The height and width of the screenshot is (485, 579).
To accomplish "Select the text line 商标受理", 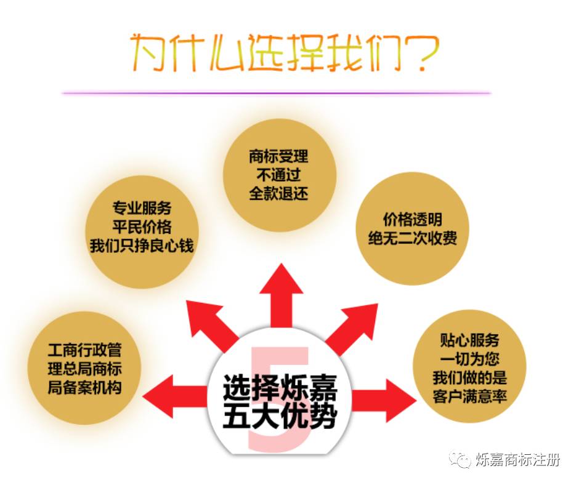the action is (x=278, y=156).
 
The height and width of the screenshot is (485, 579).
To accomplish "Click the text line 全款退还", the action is (x=278, y=193).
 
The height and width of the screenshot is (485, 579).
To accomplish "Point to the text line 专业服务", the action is (x=142, y=208).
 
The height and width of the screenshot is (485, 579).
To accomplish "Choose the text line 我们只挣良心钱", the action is (x=142, y=246).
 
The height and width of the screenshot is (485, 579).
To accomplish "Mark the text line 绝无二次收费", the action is (x=413, y=239).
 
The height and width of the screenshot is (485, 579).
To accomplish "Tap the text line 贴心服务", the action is (x=470, y=340).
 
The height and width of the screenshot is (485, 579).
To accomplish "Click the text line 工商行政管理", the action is (x=85, y=351).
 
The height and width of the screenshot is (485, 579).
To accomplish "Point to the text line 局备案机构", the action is (x=85, y=388).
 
